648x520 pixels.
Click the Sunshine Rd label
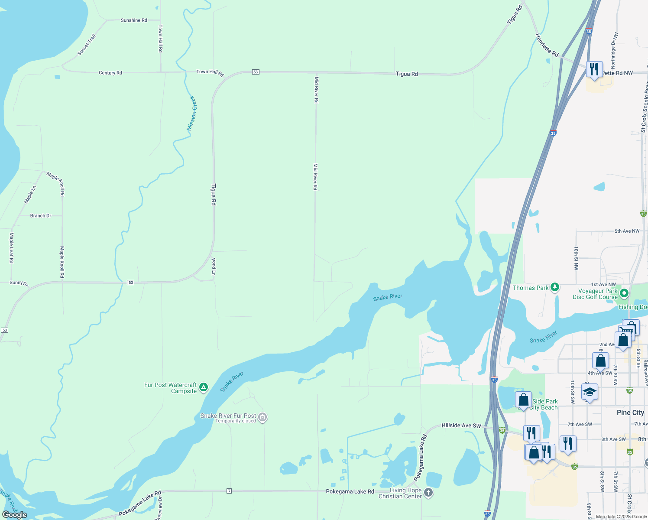[x=134, y=20]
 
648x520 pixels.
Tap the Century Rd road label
[x=110, y=73]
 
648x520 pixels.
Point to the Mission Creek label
[x=191, y=114]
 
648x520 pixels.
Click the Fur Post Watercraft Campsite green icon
[x=204, y=387]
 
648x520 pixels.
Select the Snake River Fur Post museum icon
[x=262, y=417]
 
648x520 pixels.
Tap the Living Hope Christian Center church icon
[x=428, y=493]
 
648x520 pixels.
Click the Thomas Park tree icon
[x=555, y=288]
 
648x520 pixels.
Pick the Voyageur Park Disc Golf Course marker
[x=624, y=293]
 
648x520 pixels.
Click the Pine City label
[x=630, y=413]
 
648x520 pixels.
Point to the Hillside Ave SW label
[x=461, y=426]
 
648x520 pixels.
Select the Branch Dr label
[x=41, y=215]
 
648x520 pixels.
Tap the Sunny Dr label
[x=19, y=283]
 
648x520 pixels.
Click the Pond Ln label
[x=214, y=267]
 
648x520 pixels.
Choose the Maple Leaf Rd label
[x=12, y=248]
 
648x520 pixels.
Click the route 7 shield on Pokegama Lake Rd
[x=229, y=491]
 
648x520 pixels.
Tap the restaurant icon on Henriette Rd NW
[x=594, y=68]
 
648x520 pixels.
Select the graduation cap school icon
[x=590, y=392]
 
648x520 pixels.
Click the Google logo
[x=15, y=514]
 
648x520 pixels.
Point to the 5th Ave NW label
[x=627, y=231]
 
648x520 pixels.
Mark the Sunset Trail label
[x=87, y=45]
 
